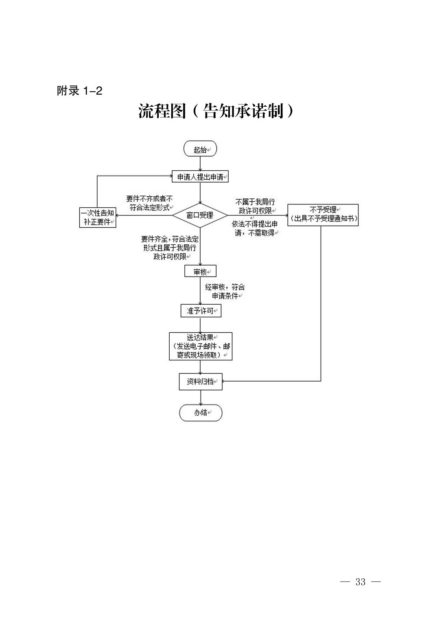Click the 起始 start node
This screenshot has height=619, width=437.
200,149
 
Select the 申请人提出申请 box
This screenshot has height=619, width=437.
200,177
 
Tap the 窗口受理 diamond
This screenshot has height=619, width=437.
200,215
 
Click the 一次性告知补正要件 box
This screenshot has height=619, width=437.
97,217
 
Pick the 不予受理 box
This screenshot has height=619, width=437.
323,215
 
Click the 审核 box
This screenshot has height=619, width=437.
200,271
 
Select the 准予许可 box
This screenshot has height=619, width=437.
201,311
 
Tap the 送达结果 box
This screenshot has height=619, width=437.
201,346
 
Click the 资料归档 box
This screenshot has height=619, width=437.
201,382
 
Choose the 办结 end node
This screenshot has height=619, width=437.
201,413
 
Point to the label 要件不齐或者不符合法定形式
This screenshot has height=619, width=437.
149,203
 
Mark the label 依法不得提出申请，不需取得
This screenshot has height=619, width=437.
255,228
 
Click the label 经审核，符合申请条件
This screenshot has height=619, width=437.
225,292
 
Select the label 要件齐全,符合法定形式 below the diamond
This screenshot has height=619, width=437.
170,248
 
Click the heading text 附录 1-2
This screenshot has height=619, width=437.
79,91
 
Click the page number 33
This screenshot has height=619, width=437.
361,582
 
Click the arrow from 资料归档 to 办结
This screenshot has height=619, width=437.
201,397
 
